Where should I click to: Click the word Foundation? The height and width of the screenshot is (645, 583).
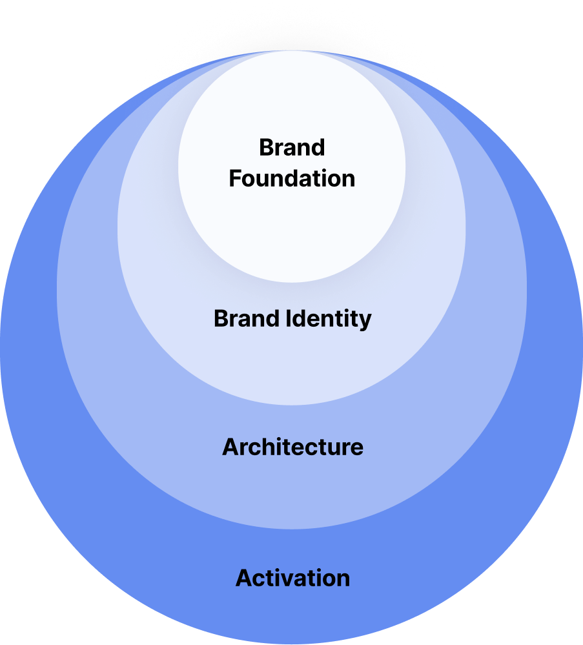pyautogui.click(x=292, y=178)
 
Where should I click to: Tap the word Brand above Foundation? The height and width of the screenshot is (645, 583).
pyautogui.click(x=292, y=147)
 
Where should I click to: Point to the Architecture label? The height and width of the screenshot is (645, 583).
pyautogui.click(x=292, y=447)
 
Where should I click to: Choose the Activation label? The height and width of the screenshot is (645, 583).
pyautogui.click(x=292, y=577)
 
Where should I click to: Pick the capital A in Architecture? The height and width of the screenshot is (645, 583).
pyautogui.click(x=230, y=447)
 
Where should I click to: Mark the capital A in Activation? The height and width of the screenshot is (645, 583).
pyautogui.click(x=244, y=577)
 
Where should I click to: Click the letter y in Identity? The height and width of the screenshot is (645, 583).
pyautogui.click(x=365, y=321)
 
